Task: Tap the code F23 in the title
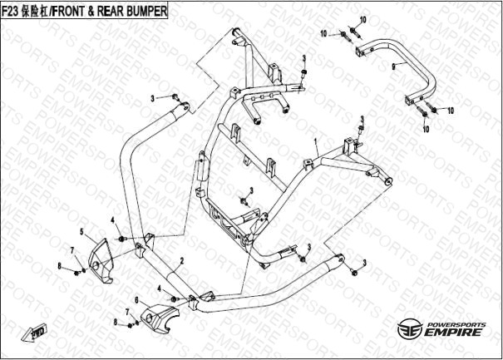tap(12, 10)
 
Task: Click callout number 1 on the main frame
tap(315, 143)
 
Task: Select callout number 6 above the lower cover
tap(136, 298)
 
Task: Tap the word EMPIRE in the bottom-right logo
tap(452, 333)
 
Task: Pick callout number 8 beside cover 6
tap(116, 321)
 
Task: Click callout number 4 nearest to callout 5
tap(111, 219)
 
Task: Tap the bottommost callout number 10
tap(426, 129)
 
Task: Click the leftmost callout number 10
tap(324, 33)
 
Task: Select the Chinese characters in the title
tap(37, 10)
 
